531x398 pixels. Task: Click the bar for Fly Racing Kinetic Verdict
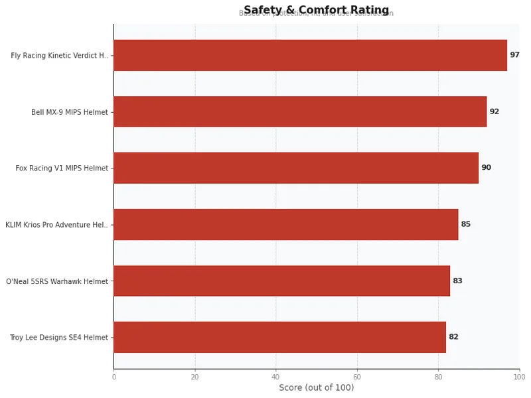tap(310, 55)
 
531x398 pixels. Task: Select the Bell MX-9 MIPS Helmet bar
tap(300, 111)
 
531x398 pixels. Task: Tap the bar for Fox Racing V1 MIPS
tap(296, 168)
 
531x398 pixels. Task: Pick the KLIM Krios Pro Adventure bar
tap(285, 224)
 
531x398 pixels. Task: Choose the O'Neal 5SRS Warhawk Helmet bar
tap(281, 281)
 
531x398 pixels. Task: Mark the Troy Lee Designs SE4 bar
tap(279, 337)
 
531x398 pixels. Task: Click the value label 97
tap(514, 55)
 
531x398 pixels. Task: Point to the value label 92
tap(494, 111)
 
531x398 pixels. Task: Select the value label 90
tap(486, 168)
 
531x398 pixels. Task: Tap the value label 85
tap(465, 224)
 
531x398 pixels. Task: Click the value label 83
tap(457, 281)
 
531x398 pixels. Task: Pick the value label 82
tap(453, 337)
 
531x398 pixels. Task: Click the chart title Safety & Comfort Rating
tap(316, 10)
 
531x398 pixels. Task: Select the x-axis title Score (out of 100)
tap(316, 387)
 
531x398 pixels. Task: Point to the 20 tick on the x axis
tap(194, 377)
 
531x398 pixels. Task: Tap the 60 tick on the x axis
tap(357, 377)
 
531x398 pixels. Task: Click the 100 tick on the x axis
tap(519, 377)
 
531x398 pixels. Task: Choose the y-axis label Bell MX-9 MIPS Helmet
tap(69, 112)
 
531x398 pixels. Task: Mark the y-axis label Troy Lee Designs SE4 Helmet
tap(58, 338)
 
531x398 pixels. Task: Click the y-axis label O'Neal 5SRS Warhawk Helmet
tap(57, 281)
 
